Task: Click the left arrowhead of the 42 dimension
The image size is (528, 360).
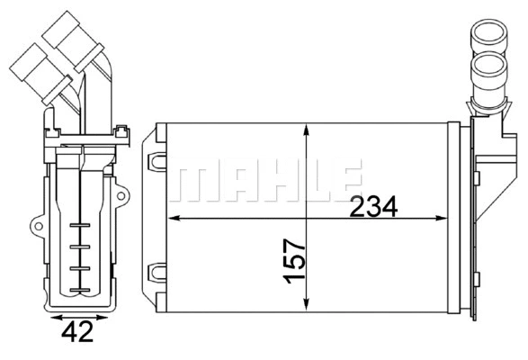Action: tap(49, 319)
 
